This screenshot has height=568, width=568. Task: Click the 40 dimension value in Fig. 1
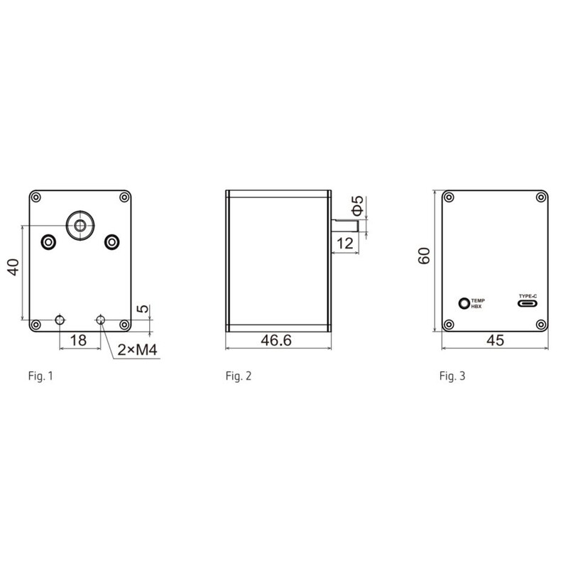[13, 268]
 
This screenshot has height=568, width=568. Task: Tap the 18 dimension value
[78, 341]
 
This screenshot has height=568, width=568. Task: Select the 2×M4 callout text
[137, 350]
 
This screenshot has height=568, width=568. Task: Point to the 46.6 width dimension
[276, 341]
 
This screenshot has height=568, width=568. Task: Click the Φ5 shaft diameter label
[357, 206]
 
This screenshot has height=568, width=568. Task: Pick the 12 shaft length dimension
[345, 244]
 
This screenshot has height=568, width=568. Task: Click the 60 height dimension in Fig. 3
[424, 256]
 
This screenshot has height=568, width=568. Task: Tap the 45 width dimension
[495, 341]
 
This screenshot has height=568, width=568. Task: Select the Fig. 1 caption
[40, 376]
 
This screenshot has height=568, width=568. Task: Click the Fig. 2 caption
[239, 376]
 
